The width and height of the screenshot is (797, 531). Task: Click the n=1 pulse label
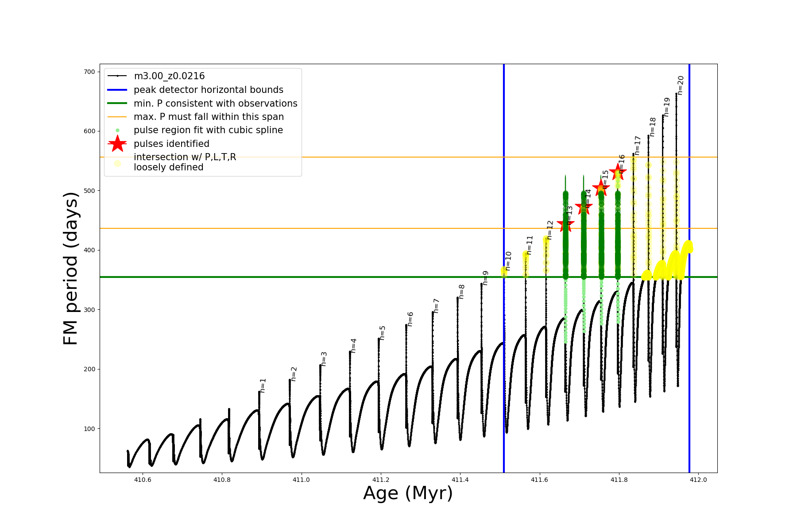coord(263,385)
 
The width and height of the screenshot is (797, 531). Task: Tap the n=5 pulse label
coord(383,332)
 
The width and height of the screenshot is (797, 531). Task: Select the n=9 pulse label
coord(485,278)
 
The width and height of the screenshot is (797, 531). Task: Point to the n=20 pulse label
coord(681,85)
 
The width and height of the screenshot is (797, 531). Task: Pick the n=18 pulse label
coord(653,127)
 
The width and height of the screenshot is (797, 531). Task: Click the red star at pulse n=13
coord(565,224)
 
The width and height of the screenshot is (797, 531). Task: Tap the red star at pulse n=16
coord(618,172)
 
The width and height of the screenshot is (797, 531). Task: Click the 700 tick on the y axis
coord(90,72)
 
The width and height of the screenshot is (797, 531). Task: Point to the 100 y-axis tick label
coord(90,429)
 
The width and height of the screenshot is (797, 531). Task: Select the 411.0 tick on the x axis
coord(301,480)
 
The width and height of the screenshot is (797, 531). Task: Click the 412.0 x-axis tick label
coord(698,480)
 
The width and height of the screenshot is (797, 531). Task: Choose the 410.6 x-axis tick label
coord(143,480)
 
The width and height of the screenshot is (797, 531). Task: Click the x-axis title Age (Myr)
coord(408,493)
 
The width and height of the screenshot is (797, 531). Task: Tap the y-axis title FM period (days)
coord(71,268)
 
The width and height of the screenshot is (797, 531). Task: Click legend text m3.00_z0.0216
coord(169,76)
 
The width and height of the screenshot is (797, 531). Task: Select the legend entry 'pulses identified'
coord(171,144)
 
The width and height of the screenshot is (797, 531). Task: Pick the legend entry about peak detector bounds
coord(209,90)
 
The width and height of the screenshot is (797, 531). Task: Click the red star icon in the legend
coord(117,144)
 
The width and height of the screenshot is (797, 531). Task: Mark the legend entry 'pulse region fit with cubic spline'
coord(208,130)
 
